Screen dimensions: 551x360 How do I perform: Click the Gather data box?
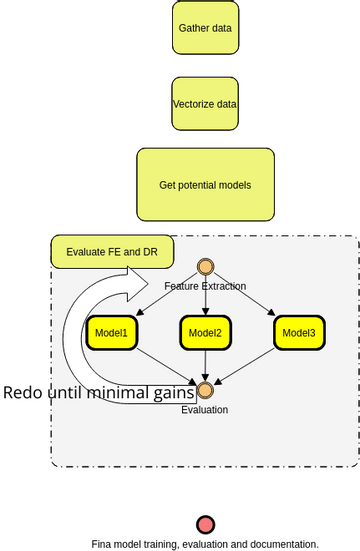[205, 28]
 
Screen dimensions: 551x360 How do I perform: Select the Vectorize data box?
[205, 104]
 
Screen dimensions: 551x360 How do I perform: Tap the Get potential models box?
[205, 185]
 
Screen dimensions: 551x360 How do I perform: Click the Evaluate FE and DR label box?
[112, 252]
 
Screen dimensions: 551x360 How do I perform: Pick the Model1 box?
[111, 333]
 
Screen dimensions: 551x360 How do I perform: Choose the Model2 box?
[205, 333]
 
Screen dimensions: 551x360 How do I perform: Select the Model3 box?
[299, 333]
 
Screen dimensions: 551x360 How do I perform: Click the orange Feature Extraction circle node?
[205, 266]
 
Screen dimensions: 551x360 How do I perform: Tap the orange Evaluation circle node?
[205, 390]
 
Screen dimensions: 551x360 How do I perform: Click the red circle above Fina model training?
[205, 525]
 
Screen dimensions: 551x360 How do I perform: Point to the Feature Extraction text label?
[205, 287]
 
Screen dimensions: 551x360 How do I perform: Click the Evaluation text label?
[205, 410]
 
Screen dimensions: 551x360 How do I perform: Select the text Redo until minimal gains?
[98, 392]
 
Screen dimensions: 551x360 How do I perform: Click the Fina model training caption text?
[205, 545]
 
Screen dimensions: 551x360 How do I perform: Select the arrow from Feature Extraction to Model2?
[205, 303]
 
